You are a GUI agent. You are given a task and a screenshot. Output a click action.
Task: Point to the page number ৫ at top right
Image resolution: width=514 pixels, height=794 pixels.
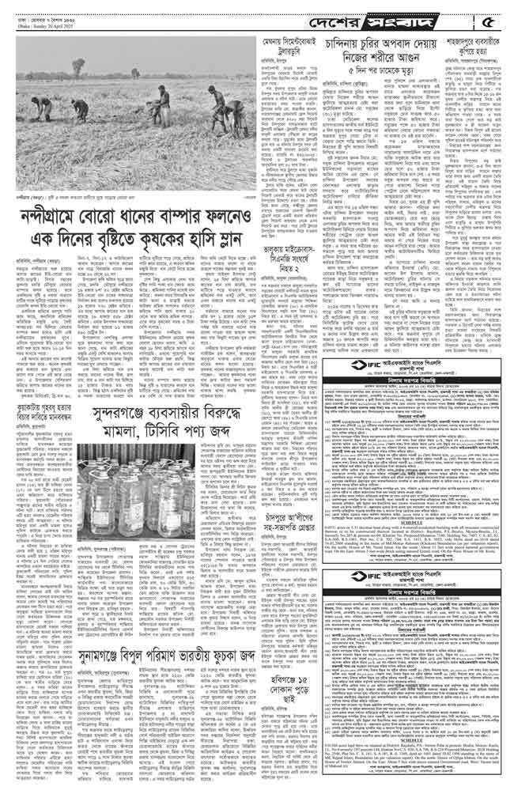click(x=496, y=16)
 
